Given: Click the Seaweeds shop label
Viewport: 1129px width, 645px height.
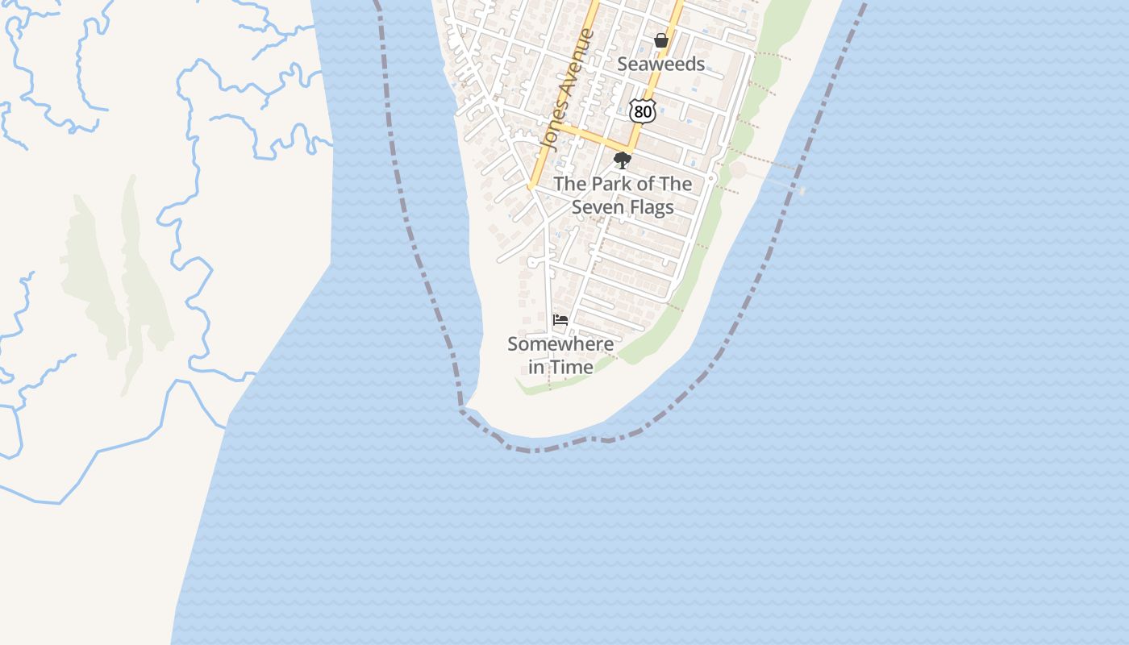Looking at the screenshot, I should (x=660, y=64).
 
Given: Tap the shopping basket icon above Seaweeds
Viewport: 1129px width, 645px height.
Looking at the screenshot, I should (x=661, y=40).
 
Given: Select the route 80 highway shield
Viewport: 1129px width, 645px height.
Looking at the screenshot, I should (x=643, y=112).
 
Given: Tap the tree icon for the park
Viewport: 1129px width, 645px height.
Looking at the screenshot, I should (x=622, y=160).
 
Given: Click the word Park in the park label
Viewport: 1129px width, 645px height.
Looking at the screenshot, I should (x=613, y=184).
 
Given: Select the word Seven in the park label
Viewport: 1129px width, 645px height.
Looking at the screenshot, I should (x=597, y=207).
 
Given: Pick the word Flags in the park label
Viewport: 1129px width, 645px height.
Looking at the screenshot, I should (x=649, y=207).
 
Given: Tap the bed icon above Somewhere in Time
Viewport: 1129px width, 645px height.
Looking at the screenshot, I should (x=560, y=320).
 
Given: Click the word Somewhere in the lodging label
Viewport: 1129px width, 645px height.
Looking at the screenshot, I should (x=560, y=344).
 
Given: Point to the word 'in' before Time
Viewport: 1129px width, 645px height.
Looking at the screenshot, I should (x=535, y=367).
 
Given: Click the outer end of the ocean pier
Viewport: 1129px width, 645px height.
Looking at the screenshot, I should (x=800, y=190).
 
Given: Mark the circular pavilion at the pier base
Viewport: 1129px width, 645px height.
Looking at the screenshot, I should (x=738, y=170).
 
